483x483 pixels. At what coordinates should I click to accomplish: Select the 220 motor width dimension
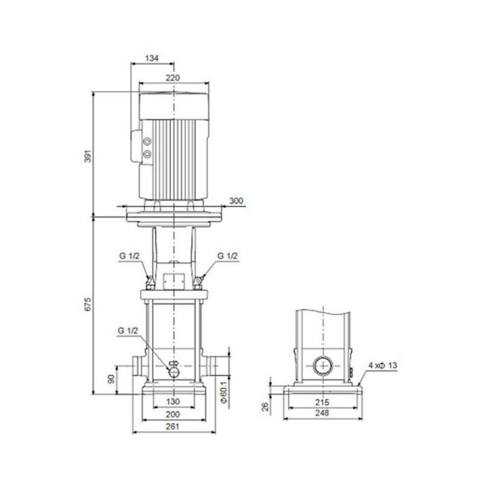(172, 78)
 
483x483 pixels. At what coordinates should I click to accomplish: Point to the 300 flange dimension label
(236, 201)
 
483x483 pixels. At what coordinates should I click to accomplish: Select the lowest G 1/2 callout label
(128, 332)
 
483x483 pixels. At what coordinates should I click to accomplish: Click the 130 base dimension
(172, 401)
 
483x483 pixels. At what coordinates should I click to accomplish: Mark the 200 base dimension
(172, 414)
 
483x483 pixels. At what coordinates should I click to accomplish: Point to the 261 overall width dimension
(172, 427)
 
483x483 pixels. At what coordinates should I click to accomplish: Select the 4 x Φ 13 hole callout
(383, 365)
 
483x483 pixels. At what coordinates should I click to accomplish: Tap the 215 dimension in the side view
(323, 401)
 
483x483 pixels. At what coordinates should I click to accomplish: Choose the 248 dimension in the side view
(323, 413)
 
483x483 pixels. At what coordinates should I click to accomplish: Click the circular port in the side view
(322, 367)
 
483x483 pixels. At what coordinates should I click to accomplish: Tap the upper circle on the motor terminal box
(148, 142)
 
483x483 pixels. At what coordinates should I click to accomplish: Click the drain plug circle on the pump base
(174, 371)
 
